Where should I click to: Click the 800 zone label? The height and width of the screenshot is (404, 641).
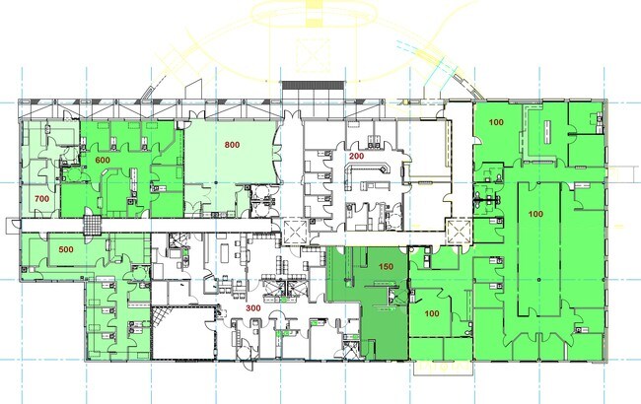pyautogui.click(x=232, y=145)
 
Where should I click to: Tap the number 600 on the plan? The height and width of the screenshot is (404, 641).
pyautogui.click(x=103, y=160)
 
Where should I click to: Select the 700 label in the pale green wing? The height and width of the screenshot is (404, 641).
pyautogui.click(x=41, y=199)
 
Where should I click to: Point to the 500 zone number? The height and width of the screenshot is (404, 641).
pyautogui.click(x=66, y=249)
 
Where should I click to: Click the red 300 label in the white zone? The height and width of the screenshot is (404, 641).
pyautogui.click(x=253, y=308)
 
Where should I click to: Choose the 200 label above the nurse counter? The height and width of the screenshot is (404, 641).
pyautogui.click(x=356, y=156)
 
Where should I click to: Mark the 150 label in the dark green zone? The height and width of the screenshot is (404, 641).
pyautogui.click(x=386, y=267)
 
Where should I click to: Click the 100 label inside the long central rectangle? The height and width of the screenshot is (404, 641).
pyautogui.click(x=535, y=214)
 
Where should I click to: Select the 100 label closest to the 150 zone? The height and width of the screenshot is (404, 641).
pyautogui.click(x=432, y=313)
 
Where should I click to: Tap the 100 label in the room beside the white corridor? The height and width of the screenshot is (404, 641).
pyautogui.click(x=496, y=122)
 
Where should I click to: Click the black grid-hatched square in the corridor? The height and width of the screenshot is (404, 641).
pyautogui.click(x=92, y=225)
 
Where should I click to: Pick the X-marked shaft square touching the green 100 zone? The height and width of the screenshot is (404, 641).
pyautogui.click(x=460, y=232)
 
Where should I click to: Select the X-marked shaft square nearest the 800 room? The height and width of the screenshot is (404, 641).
pyautogui.click(x=294, y=232)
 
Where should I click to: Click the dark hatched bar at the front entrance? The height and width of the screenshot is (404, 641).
pyautogui.click(x=313, y=85)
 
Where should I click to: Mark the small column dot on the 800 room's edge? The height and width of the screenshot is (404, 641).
pyautogui.click(x=216, y=182)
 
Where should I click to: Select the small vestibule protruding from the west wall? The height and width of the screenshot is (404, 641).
pyautogui.click(x=14, y=226)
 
